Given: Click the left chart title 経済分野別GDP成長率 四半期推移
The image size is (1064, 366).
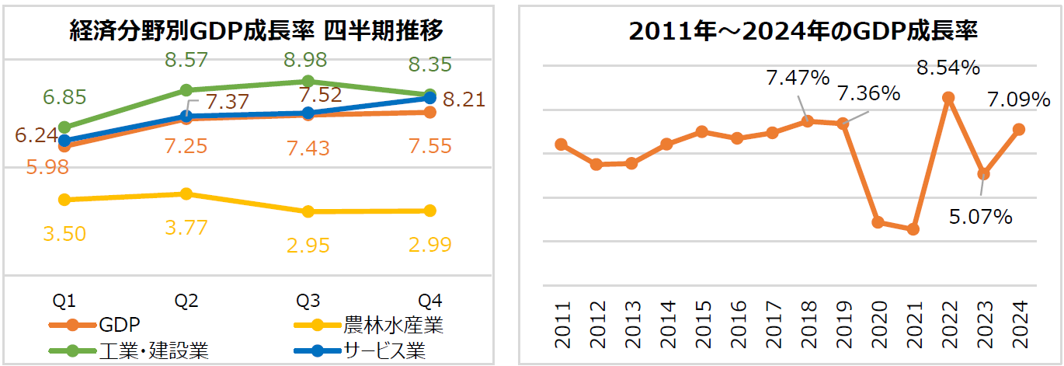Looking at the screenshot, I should click(x=256, y=31).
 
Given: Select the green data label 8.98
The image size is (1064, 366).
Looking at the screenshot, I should click(x=304, y=60).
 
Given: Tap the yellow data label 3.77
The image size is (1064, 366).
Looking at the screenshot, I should click(x=186, y=228).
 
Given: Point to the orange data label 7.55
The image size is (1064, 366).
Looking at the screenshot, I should click(x=429, y=146).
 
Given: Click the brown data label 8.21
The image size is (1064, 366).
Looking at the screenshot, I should click(x=464, y=99).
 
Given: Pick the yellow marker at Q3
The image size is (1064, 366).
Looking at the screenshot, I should click(x=308, y=211).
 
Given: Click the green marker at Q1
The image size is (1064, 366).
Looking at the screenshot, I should click(x=65, y=127).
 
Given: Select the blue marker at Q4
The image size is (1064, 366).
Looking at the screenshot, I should click(x=430, y=98).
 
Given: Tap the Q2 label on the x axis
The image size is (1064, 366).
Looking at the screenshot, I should click(x=186, y=301).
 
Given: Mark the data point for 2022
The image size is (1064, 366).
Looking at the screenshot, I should click(x=948, y=98).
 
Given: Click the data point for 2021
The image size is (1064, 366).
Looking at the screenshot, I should click(x=913, y=229).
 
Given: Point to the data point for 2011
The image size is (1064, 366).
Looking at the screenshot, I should click(x=561, y=145).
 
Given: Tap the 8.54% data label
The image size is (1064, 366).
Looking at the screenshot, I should click(x=948, y=68).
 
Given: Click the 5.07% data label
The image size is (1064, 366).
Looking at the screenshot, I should click(x=981, y=217).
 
